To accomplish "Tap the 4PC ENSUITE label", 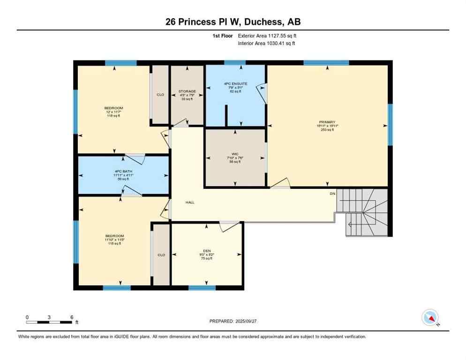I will [x=235, y=84].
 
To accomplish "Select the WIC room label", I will [x=235, y=154].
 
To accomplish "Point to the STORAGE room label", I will [x=187, y=91].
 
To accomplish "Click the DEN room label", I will [x=207, y=251].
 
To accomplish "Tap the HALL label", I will [x=190, y=202].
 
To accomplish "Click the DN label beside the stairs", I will [x=332, y=193].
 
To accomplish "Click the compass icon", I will [x=430, y=318].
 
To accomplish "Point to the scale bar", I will [x=49, y=322].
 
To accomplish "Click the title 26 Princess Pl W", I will [x=233, y=22].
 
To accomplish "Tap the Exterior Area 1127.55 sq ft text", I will [x=267, y=36].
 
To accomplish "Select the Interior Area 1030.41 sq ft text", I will [x=267, y=44].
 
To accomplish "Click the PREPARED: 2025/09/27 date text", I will [x=233, y=321].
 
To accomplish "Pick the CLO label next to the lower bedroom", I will [x=161, y=255].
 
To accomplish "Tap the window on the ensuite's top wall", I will [x=235, y=62].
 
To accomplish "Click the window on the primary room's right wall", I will [x=390, y=124].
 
